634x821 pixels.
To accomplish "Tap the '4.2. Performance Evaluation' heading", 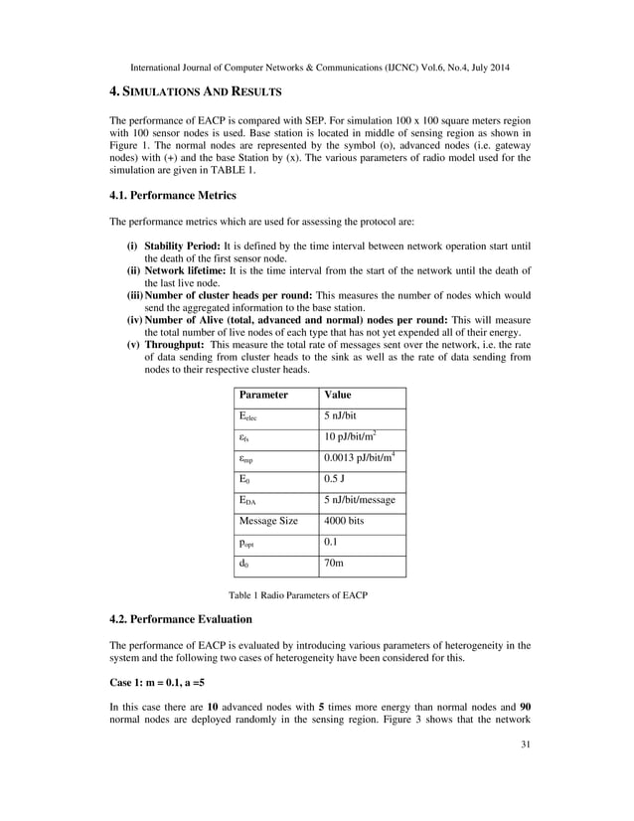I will (180, 619).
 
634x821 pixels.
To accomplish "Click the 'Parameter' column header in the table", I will (263, 396).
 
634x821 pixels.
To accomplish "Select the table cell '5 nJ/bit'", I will (346, 416).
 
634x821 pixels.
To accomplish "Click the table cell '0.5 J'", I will (337, 478).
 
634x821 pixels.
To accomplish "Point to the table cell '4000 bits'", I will (348, 520).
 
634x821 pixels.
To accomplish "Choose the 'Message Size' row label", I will (268, 520).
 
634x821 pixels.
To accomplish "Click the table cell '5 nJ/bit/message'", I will (360, 499).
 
